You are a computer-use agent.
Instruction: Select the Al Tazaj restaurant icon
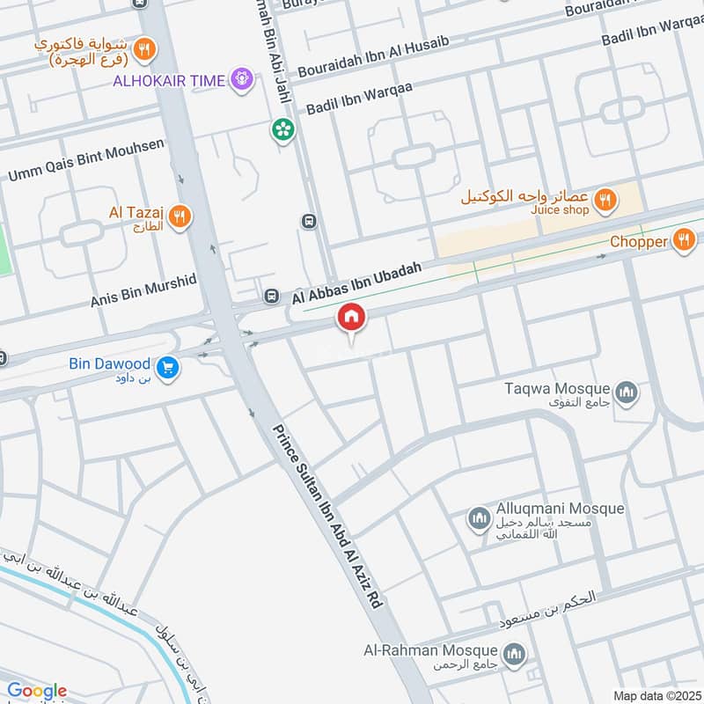click(180, 216)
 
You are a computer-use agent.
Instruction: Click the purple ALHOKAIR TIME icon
click(241, 81)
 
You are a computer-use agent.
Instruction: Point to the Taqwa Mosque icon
click(627, 392)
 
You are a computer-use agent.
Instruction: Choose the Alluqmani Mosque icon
click(479, 519)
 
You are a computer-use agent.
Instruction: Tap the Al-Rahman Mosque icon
click(515, 655)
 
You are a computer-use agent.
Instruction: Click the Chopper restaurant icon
click(684, 240)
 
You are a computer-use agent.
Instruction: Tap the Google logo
click(37, 691)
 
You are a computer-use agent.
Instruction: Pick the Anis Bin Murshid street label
click(143, 289)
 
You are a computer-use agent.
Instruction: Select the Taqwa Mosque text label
click(558, 388)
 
